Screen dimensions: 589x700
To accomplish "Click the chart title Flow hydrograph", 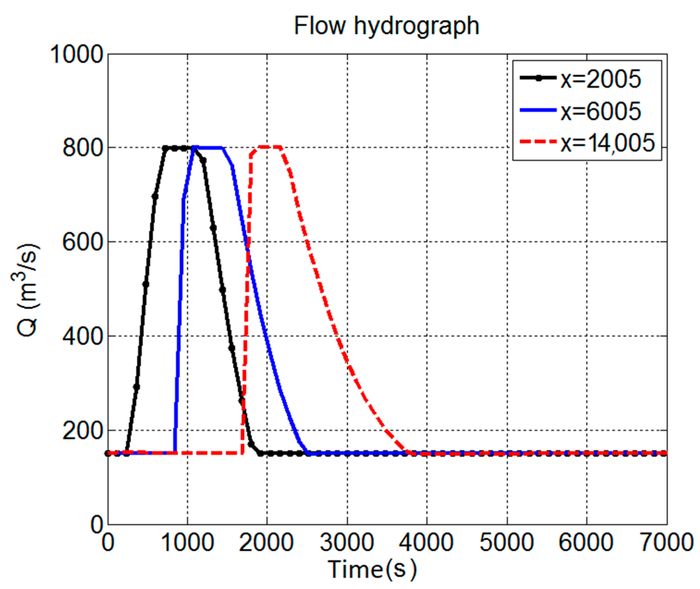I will (x=386, y=26).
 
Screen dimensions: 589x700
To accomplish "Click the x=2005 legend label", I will (x=601, y=80).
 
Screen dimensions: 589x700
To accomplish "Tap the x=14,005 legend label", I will (x=608, y=143).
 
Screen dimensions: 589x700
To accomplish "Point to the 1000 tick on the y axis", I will (x=76, y=55).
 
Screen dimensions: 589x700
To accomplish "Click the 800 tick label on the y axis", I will (x=82, y=148).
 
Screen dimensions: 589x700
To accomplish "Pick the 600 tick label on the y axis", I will (x=82, y=242).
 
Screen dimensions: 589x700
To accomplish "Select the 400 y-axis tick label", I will (x=82, y=336).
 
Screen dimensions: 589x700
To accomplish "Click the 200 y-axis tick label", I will (x=82, y=431).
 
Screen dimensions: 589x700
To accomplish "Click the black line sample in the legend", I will (x=538, y=78).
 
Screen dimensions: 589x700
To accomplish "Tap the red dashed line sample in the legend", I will (x=538, y=142).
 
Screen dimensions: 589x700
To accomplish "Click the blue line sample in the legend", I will (x=538, y=110).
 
